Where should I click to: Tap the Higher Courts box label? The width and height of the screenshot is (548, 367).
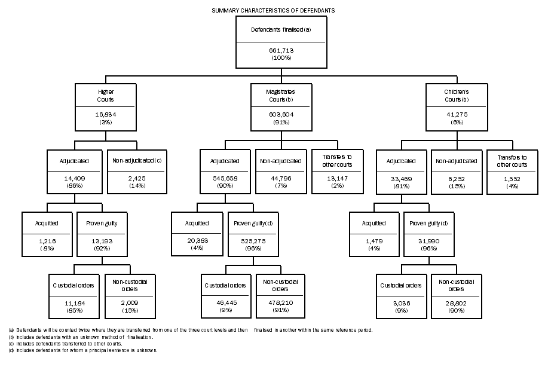(x=106, y=96)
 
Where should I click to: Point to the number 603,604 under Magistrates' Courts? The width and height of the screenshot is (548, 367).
(x=281, y=114)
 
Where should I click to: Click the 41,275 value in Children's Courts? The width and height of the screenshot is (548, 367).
(x=456, y=114)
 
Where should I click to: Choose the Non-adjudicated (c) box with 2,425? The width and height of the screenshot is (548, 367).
(x=137, y=171)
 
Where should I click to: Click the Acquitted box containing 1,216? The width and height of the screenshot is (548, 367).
(x=47, y=233)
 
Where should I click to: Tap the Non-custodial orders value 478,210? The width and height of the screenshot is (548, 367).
(x=280, y=304)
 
